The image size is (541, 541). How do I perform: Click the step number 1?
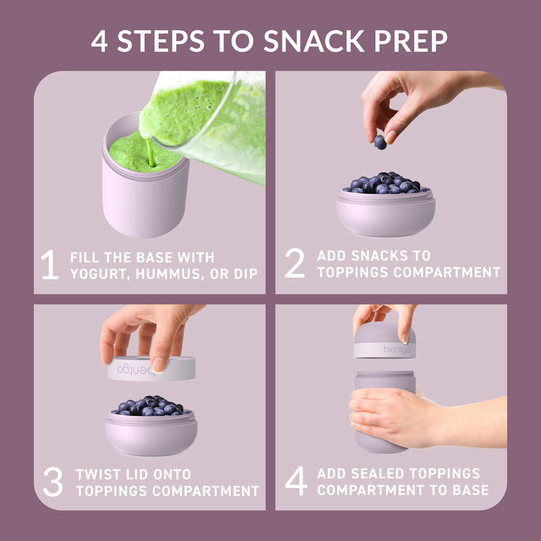(50, 265)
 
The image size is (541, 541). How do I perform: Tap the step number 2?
(295, 264)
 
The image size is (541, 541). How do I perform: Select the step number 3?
(53, 483)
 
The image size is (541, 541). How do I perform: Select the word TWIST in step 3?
(97, 474)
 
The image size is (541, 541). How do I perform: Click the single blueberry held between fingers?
(380, 142)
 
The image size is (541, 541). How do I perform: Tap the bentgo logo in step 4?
(397, 349)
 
